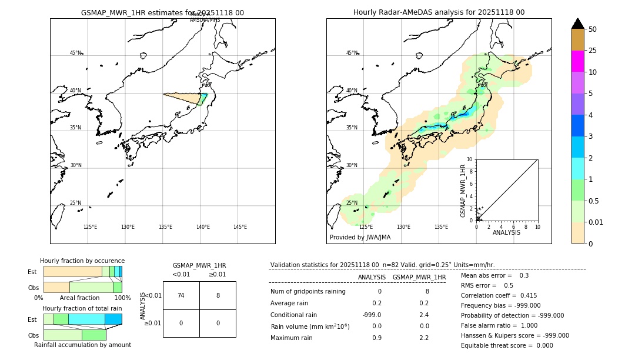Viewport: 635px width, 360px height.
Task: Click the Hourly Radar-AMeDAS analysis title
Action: tap(439, 12)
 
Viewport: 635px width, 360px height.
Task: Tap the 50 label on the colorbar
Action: tap(593, 29)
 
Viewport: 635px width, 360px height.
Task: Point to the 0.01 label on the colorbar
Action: tap(596, 222)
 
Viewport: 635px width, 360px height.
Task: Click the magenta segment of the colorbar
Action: tap(577, 61)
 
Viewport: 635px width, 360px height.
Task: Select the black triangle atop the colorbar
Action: tap(577, 24)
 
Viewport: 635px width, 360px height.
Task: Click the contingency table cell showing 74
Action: tap(181, 295)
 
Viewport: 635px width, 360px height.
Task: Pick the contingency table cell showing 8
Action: tap(218, 295)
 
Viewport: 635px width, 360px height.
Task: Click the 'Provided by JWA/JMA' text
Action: tap(360, 238)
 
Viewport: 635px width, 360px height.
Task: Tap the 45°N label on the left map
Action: tap(75, 53)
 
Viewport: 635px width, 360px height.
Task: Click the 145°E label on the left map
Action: tap(240, 227)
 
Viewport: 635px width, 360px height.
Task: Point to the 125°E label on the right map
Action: tap(366, 227)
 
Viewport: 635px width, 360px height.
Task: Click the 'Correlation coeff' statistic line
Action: tap(499, 295)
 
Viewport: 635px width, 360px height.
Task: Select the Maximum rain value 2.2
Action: tap(423, 338)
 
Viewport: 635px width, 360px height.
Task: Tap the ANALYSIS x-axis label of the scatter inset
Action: tap(506, 232)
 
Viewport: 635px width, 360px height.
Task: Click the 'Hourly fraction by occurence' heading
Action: tap(82, 261)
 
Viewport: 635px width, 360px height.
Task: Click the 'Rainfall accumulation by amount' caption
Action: tap(82, 345)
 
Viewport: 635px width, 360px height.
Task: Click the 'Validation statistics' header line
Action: tap(382, 265)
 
